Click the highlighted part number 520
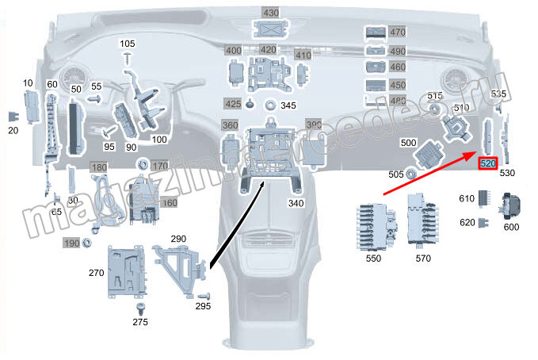488,163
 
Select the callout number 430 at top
271,13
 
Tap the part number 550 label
373,259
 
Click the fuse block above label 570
422,223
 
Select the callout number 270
97,273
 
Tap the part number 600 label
511,227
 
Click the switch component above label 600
511,205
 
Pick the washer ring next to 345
271,105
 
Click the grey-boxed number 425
232,104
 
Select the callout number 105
128,43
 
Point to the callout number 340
273,204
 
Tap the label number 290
177,239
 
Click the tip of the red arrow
478,153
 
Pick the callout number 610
468,197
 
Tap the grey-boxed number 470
397,33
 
